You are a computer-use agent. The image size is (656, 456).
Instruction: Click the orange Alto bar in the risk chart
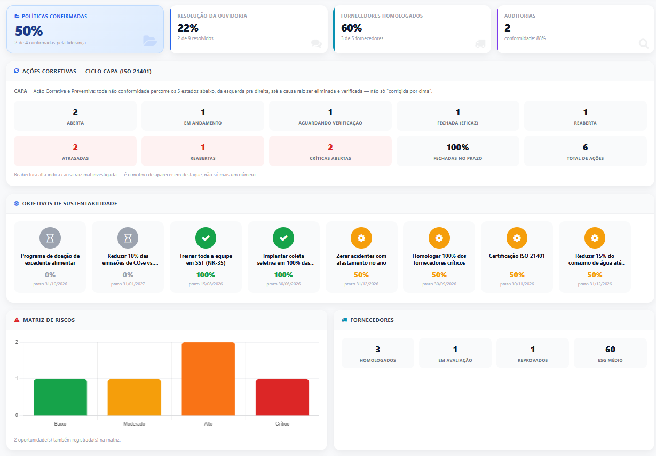click(x=208, y=378)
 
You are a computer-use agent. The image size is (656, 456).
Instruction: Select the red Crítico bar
click(x=282, y=397)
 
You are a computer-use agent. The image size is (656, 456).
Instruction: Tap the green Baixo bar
click(x=60, y=397)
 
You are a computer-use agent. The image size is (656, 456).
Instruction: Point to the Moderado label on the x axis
click(x=134, y=424)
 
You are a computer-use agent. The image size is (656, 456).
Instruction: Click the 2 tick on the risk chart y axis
click(x=17, y=342)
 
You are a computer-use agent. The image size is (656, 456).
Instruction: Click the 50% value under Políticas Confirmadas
click(x=29, y=31)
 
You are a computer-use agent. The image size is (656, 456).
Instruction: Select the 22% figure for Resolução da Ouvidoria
click(x=188, y=28)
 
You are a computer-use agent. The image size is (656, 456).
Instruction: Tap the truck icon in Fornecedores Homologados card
click(x=480, y=44)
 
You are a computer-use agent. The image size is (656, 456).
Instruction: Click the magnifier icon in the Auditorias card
click(x=644, y=44)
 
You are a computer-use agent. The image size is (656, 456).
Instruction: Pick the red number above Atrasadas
click(x=75, y=147)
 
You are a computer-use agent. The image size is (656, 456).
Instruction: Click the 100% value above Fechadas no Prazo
click(x=458, y=147)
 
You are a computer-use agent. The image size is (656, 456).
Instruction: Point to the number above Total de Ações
click(x=585, y=147)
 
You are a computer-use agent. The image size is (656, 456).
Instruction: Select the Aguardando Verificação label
click(x=330, y=123)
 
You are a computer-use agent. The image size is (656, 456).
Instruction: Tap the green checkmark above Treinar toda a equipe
click(x=206, y=238)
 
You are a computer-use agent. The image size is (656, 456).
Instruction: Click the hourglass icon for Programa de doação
click(x=50, y=238)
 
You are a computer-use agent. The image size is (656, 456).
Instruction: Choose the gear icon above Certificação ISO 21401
click(x=517, y=238)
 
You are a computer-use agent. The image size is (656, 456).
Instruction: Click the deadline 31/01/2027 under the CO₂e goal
click(x=128, y=284)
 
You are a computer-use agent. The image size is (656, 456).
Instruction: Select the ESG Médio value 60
click(x=610, y=349)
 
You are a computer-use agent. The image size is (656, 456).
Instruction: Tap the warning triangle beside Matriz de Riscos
click(x=17, y=320)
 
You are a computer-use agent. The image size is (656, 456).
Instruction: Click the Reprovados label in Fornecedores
click(x=533, y=360)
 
